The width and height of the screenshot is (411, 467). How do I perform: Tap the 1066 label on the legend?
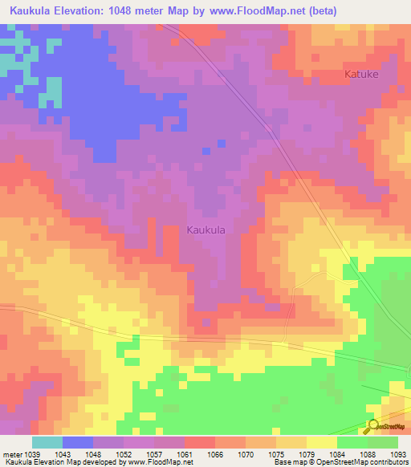pos(215,454)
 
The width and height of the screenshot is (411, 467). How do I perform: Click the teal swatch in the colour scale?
pos(47,442)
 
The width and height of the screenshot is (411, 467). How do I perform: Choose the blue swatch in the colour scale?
pos(77,442)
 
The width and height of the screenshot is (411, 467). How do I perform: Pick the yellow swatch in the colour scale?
pos(321,442)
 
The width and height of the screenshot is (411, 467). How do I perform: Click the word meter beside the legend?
pos(11,454)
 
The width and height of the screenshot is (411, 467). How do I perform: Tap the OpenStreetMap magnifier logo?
pos(372,426)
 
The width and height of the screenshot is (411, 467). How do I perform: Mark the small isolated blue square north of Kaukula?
pos(206,150)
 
